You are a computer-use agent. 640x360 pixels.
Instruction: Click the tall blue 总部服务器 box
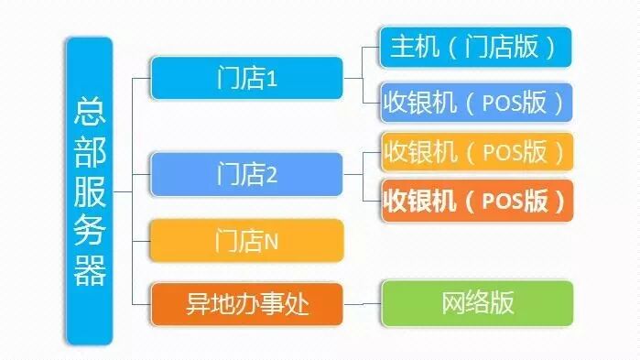point(90,191)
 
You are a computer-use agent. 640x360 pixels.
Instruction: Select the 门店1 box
point(246,78)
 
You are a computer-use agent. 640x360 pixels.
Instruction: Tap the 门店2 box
point(246,173)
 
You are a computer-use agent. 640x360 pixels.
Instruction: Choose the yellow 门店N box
point(246,242)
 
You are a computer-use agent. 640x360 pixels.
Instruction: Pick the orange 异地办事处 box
point(246,303)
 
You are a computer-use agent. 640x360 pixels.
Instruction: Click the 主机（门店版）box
point(476,48)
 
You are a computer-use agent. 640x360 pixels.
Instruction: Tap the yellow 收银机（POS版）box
point(476,150)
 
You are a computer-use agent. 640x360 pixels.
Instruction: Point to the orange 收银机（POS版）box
point(476,200)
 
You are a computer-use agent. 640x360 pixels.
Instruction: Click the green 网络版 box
point(476,303)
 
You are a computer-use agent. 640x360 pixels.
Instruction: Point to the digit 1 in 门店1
point(271,79)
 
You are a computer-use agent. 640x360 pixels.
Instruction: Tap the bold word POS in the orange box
point(500,201)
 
